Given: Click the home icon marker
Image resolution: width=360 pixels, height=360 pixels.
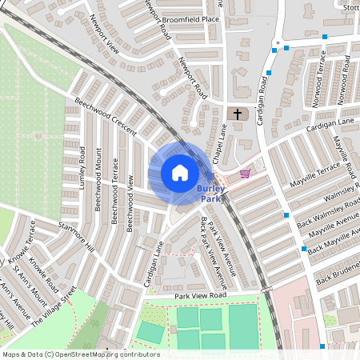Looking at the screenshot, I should [180, 173].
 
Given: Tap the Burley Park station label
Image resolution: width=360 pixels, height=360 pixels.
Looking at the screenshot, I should [210, 194].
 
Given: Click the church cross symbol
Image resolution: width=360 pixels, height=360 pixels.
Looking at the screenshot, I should [238, 114].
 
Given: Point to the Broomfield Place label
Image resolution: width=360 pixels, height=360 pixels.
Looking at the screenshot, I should [190, 19].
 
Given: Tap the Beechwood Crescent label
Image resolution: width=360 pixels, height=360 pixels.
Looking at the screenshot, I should [106, 117].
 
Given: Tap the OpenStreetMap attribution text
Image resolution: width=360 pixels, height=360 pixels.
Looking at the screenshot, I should [81, 354].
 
